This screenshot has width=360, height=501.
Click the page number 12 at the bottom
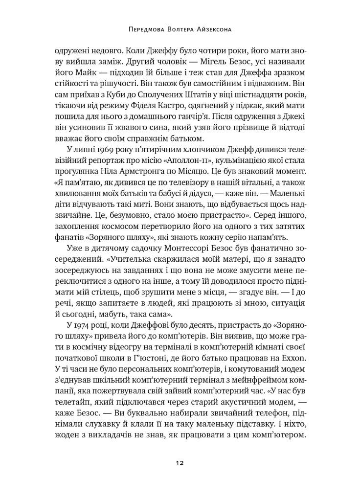pyautogui.click(x=180, y=462)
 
